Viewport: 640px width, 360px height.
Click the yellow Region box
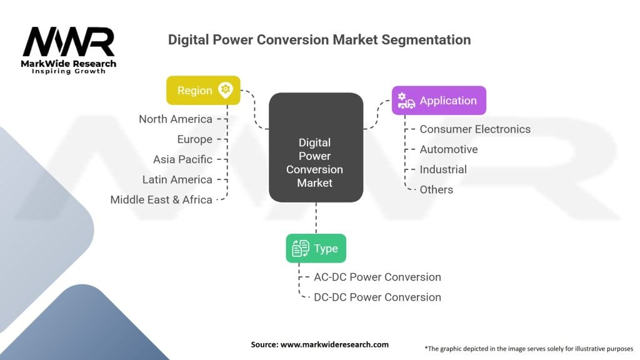click(203, 90)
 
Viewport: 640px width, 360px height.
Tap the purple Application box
click(439, 101)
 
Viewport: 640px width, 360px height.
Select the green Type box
click(316, 248)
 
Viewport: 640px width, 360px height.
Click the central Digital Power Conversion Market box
click(316, 147)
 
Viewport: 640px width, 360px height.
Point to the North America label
click(176, 119)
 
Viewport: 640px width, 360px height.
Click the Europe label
click(195, 139)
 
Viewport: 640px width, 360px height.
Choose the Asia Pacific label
click(182, 159)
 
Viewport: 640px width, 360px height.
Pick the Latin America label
click(177, 179)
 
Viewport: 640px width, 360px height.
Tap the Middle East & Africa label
click(161, 199)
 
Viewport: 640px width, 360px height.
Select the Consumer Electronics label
click(475, 129)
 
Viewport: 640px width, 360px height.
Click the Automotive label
click(449, 149)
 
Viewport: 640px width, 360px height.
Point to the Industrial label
click(443, 169)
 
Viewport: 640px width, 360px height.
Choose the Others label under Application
click(436, 190)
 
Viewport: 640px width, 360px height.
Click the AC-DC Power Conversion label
click(377, 277)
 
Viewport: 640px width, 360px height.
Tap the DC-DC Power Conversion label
click(377, 297)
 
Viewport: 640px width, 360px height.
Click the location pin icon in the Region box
click(225, 90)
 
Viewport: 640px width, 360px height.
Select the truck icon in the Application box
click(406, 101)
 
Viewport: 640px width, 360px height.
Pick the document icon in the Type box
click(301, 248)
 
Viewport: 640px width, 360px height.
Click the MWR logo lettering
click(69, 42)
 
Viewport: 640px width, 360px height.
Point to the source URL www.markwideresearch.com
click(334, 344)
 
